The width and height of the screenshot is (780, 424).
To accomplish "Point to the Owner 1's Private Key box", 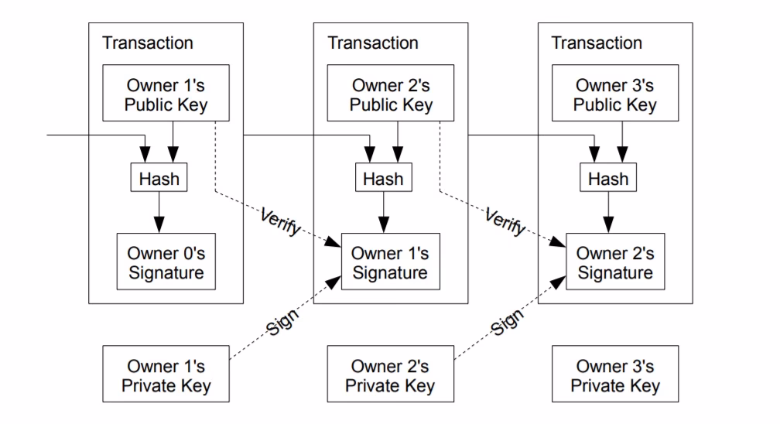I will click(x=166, y=375).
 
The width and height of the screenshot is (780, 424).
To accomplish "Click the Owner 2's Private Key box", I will click(x=391, y=375).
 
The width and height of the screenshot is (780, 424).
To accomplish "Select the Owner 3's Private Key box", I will click(x=615, y=375).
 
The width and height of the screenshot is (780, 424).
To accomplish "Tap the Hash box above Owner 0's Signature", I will click(x=159, y=179).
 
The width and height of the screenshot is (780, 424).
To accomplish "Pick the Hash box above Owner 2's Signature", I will click(x=609, y=179).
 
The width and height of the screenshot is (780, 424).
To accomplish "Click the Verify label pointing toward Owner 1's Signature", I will click(x=280, y=222).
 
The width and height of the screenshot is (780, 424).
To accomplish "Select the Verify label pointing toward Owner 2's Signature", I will click(x=505, y=222).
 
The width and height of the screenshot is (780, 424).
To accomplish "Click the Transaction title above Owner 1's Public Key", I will click(x=148, y=43).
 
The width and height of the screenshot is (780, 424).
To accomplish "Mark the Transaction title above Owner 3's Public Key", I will click(x=597, y=43).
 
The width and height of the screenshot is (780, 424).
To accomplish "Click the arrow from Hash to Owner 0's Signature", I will click(x=159, y=212).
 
